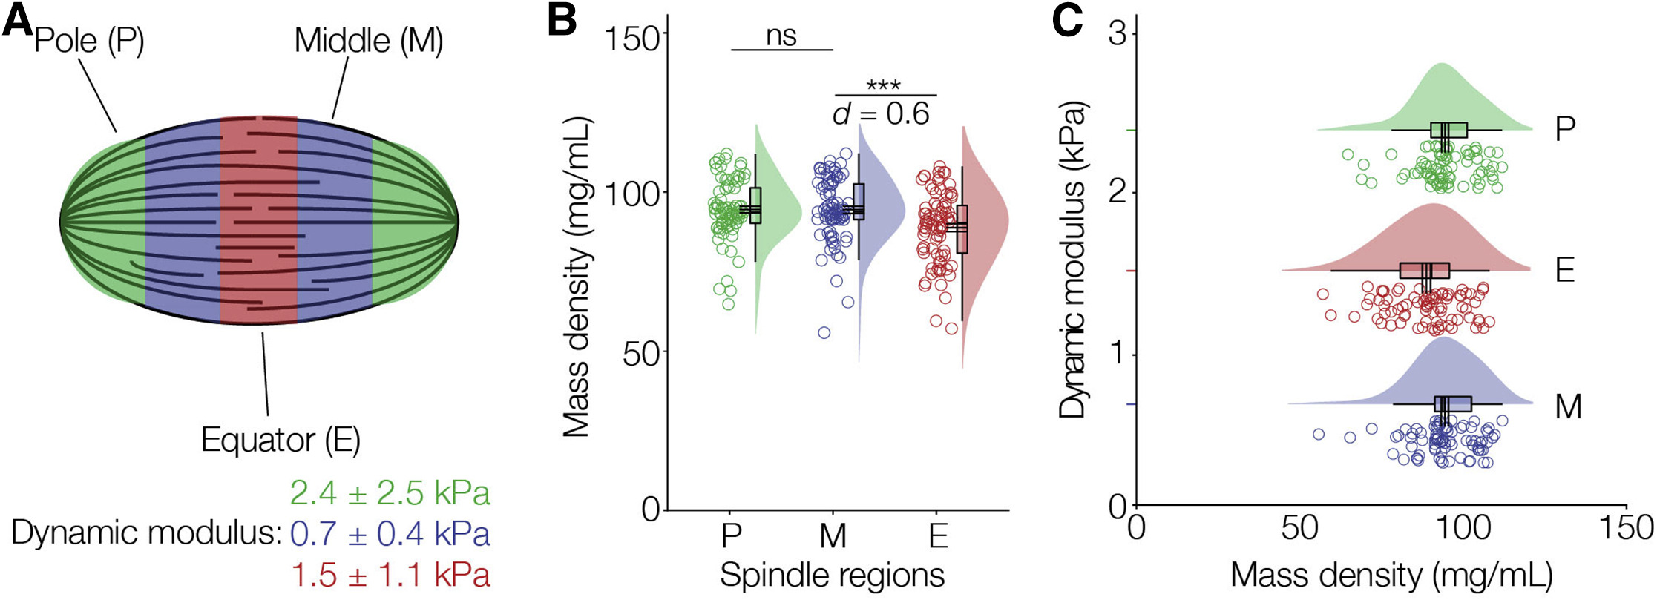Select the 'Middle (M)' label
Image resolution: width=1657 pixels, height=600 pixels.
click(x=369, y=40)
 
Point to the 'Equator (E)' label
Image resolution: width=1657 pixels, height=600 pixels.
click(x=280, y=441)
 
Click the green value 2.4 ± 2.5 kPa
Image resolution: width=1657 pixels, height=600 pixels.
click(x=390, y=493)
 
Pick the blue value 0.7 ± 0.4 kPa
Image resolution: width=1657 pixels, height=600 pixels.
click(x=390, y=534)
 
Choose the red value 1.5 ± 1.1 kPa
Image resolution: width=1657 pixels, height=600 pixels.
click(x=390, y=575)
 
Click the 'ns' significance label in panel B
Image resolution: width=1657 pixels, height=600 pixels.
click(x=781, y=35)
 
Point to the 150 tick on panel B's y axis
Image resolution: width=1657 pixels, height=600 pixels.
click(x=632, y=37)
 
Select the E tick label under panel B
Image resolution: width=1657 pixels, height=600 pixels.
click(x=938, y=535)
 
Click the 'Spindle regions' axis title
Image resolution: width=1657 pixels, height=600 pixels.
click(x=832, y=576)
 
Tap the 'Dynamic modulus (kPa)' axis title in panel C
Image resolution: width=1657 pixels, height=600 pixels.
click(x=1074, y=260)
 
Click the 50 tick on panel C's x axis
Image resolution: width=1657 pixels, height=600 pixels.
click(x=1300, y=528)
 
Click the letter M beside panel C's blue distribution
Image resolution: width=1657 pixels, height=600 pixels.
click(x=1568, y=406)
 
